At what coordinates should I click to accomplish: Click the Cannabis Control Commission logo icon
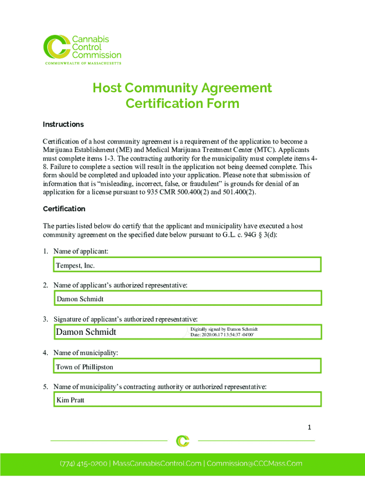tap(56, 47)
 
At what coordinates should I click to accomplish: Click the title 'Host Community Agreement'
tap(182, 88)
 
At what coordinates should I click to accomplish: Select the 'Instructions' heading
tap(63, 125)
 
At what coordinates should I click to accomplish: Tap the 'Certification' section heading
tap(64, 209)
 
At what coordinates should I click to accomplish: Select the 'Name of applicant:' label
tap(81, 251)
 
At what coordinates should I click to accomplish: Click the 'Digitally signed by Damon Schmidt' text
tap(224, 329)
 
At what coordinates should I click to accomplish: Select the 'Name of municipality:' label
tap(86, 353)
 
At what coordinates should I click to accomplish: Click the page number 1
tap(309, 428)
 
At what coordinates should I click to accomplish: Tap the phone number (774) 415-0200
tap(84, 464)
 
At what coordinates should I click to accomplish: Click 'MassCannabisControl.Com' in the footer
tap(157, 464)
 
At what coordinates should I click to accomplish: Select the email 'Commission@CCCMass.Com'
tap(255, 464)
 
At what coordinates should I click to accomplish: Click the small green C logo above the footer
tap(182, 441)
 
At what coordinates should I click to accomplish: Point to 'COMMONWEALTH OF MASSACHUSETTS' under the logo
tap(83, 63)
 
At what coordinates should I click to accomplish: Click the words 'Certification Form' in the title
tap(182, 103)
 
